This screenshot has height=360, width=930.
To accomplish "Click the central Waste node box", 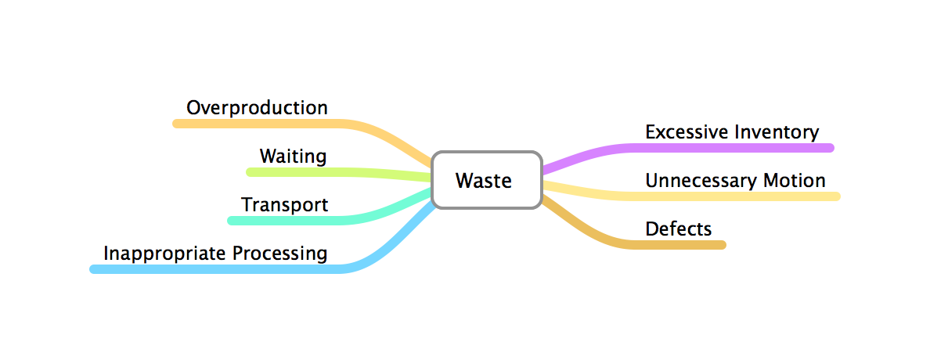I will [486, 181].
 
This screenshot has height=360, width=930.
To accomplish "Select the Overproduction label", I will [257, 107].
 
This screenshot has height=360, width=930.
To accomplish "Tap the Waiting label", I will [293, 156].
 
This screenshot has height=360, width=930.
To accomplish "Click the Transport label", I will [284, 205].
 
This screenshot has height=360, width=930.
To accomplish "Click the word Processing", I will [279, 254].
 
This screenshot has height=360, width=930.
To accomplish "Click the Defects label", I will [678, 229].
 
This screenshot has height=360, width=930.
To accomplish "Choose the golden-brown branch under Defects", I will [681, 245].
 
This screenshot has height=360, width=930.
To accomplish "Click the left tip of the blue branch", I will [94, 269].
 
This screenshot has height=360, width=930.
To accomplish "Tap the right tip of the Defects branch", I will [723, 245].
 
